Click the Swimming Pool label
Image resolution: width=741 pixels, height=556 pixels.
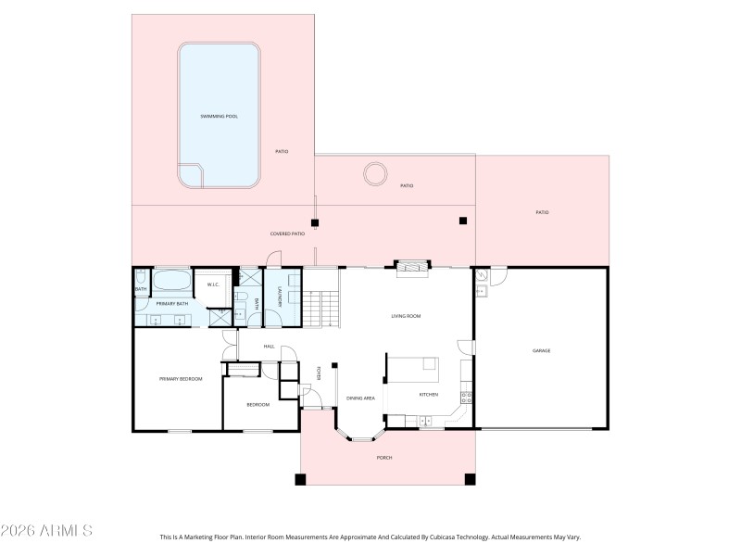click(x=220, y=117)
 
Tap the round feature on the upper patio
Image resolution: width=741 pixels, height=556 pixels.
click(x=376, y=173)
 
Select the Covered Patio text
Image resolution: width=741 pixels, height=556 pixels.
click(x=287, y=234)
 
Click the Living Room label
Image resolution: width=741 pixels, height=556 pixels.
click(x=406, y=316)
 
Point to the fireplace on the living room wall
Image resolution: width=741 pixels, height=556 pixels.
click(x=412, y=268)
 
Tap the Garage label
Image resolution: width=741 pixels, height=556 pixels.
click(x=541, y=350)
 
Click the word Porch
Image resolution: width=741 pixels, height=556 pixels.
click(x=383, y=458)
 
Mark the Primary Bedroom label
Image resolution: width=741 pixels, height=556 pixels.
click(x=180, y=378)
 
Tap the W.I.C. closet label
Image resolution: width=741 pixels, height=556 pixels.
click(x=212, y=284)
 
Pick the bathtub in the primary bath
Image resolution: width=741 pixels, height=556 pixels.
click(x=172, y=281)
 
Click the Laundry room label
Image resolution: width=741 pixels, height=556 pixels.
click(x=280, y=298)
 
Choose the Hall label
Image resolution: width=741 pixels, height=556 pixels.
click(x=270, y=347)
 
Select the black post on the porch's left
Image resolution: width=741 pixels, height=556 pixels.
click(x=300, y=479)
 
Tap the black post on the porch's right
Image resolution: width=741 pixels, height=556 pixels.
click(x=470, y=479)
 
